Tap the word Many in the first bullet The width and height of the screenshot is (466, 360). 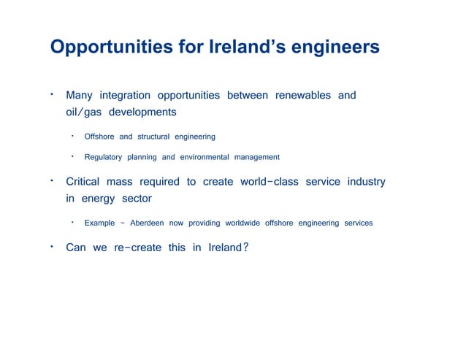[x=79, y=96]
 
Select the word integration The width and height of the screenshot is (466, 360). [x=125, y=96]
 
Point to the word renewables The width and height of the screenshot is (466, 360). [x=302, y=96]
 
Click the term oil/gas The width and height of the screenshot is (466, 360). [x=83, y=113]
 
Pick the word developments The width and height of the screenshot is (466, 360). [x=142, y=113]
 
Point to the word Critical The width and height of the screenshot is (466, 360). [x=83, y=182]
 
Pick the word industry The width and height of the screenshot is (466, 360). [x=366, y=182]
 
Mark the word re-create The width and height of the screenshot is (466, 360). [x=137, y=248]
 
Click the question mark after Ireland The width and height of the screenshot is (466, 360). [x=245, y=248]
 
